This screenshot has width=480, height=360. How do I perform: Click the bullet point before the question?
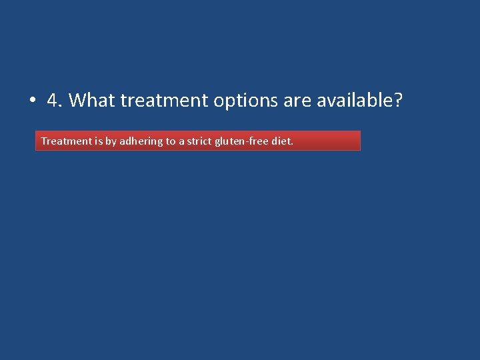(x=31, y=101)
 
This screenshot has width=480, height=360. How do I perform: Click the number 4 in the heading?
(x=52, y=101)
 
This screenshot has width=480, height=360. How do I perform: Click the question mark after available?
(x=399, y=101)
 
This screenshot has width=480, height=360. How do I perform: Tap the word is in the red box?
(x=99, y=141)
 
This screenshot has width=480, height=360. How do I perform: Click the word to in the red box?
(x=171, y=141)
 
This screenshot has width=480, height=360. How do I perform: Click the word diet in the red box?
(x=281, y=141)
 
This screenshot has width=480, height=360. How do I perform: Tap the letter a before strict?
(x=182, y=142)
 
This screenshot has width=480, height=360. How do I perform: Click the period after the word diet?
(x=292, y=144)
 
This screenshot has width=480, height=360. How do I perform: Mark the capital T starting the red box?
(x=44, y=141)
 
